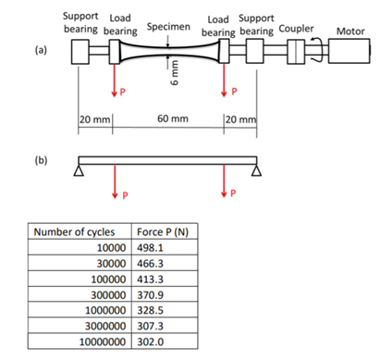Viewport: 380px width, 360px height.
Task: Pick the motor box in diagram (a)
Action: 353,54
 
